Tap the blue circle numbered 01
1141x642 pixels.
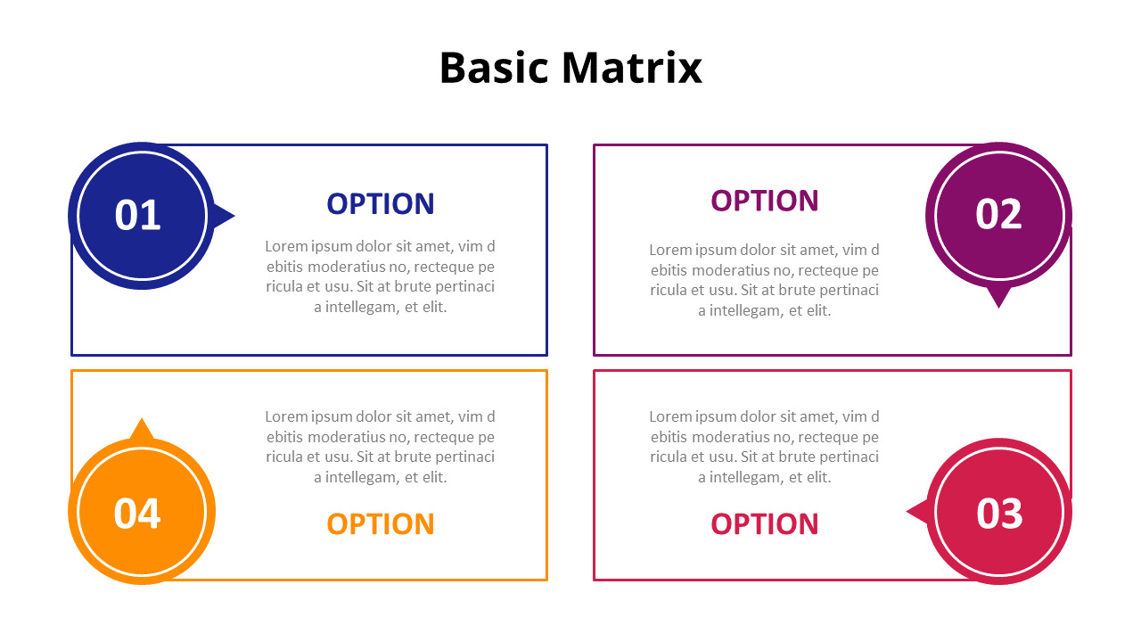[x=141, y=215]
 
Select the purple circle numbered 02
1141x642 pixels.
[x=998, y=214]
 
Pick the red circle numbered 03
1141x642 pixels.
[x=998, y=513]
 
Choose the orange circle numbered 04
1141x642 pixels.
[x=141, y=513]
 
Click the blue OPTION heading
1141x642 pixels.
[x=381, y=204]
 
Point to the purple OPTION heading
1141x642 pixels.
[x=765, y=202]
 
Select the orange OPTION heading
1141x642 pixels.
[x=381, y=524]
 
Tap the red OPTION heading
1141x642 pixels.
[x=765, y=524]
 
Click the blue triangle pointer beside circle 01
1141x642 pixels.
[x=224, y=216]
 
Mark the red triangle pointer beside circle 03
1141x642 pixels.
[x=917, y=512]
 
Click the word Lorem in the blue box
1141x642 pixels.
[x=285, y=247]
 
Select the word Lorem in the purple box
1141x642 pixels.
[x=669, y=250]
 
